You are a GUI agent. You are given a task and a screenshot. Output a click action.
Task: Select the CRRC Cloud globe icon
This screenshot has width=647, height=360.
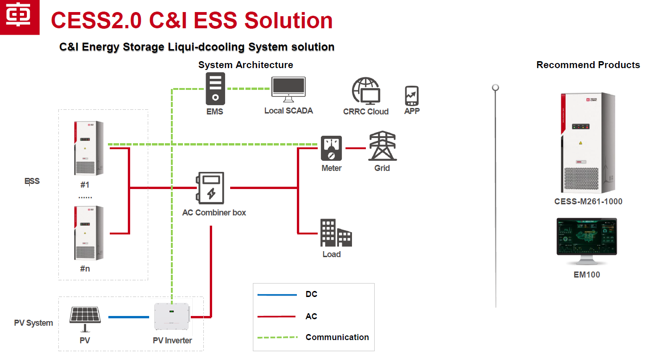(x=366, y=91)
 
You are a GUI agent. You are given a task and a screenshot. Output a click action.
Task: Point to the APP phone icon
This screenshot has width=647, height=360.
(x=412, y=96)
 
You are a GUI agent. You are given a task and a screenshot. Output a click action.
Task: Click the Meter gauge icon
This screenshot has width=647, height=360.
(x=332, y=148)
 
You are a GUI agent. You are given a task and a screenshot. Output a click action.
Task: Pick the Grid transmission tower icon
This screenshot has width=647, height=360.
(x=382, y=146)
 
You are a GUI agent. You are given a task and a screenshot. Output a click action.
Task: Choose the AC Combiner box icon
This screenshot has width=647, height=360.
(x=211, y=188)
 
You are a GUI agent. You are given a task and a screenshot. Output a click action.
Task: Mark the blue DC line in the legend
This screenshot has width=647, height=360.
(x=277, y=295)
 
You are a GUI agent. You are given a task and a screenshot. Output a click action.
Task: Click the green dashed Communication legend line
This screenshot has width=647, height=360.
(x=277, y=337)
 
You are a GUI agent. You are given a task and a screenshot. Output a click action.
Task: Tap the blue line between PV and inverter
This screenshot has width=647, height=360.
(x=129, y=317)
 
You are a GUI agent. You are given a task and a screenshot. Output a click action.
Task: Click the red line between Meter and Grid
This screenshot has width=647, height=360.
(x=356, y=148)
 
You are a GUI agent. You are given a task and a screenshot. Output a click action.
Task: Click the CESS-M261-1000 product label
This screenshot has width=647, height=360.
(x=588, y=202)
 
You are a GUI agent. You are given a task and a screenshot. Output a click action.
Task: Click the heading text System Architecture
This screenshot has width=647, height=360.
(x=245, y=65)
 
